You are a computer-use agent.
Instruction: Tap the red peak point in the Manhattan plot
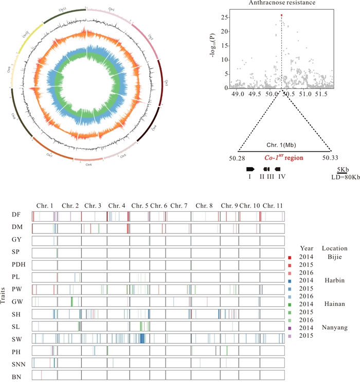pos(281,15)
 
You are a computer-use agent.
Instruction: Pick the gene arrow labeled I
pos(250,169)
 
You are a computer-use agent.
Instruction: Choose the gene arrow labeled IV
pos(278,169)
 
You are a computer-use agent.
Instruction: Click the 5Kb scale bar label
pos(343,169)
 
